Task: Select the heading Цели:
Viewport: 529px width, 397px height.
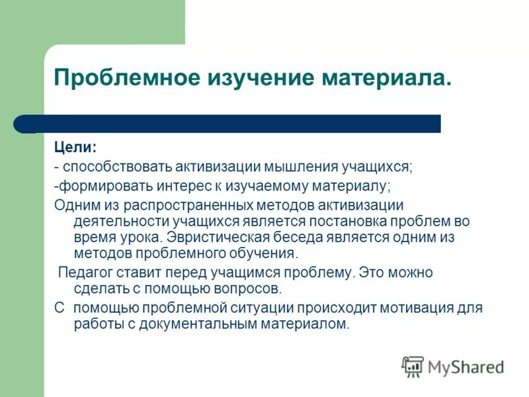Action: click(x=75, y=148)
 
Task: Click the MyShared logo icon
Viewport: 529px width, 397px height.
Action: click(x=413, y=366)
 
